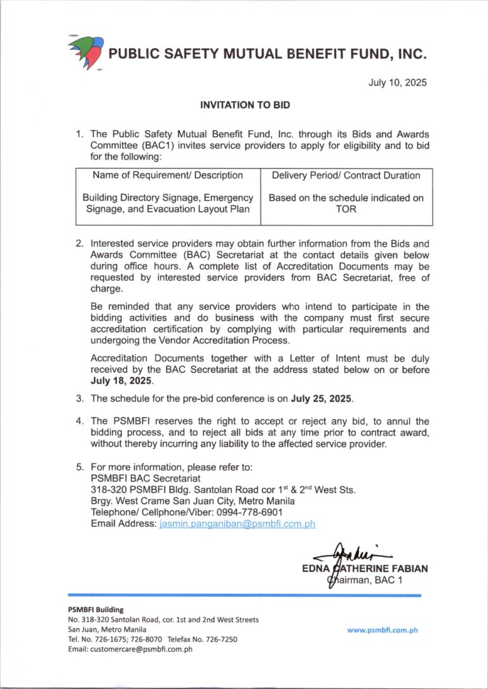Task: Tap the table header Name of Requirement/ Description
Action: (168, 175)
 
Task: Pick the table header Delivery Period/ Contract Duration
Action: (346, 175)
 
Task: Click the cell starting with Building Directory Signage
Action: (168, 203)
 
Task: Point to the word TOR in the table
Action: (346, 209)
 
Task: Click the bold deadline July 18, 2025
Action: (122, 381)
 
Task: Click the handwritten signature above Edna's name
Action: (353, 554)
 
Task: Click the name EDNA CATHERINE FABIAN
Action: (365, 568)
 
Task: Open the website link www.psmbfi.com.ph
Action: (382, 630)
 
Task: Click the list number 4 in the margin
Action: (79, 421)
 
